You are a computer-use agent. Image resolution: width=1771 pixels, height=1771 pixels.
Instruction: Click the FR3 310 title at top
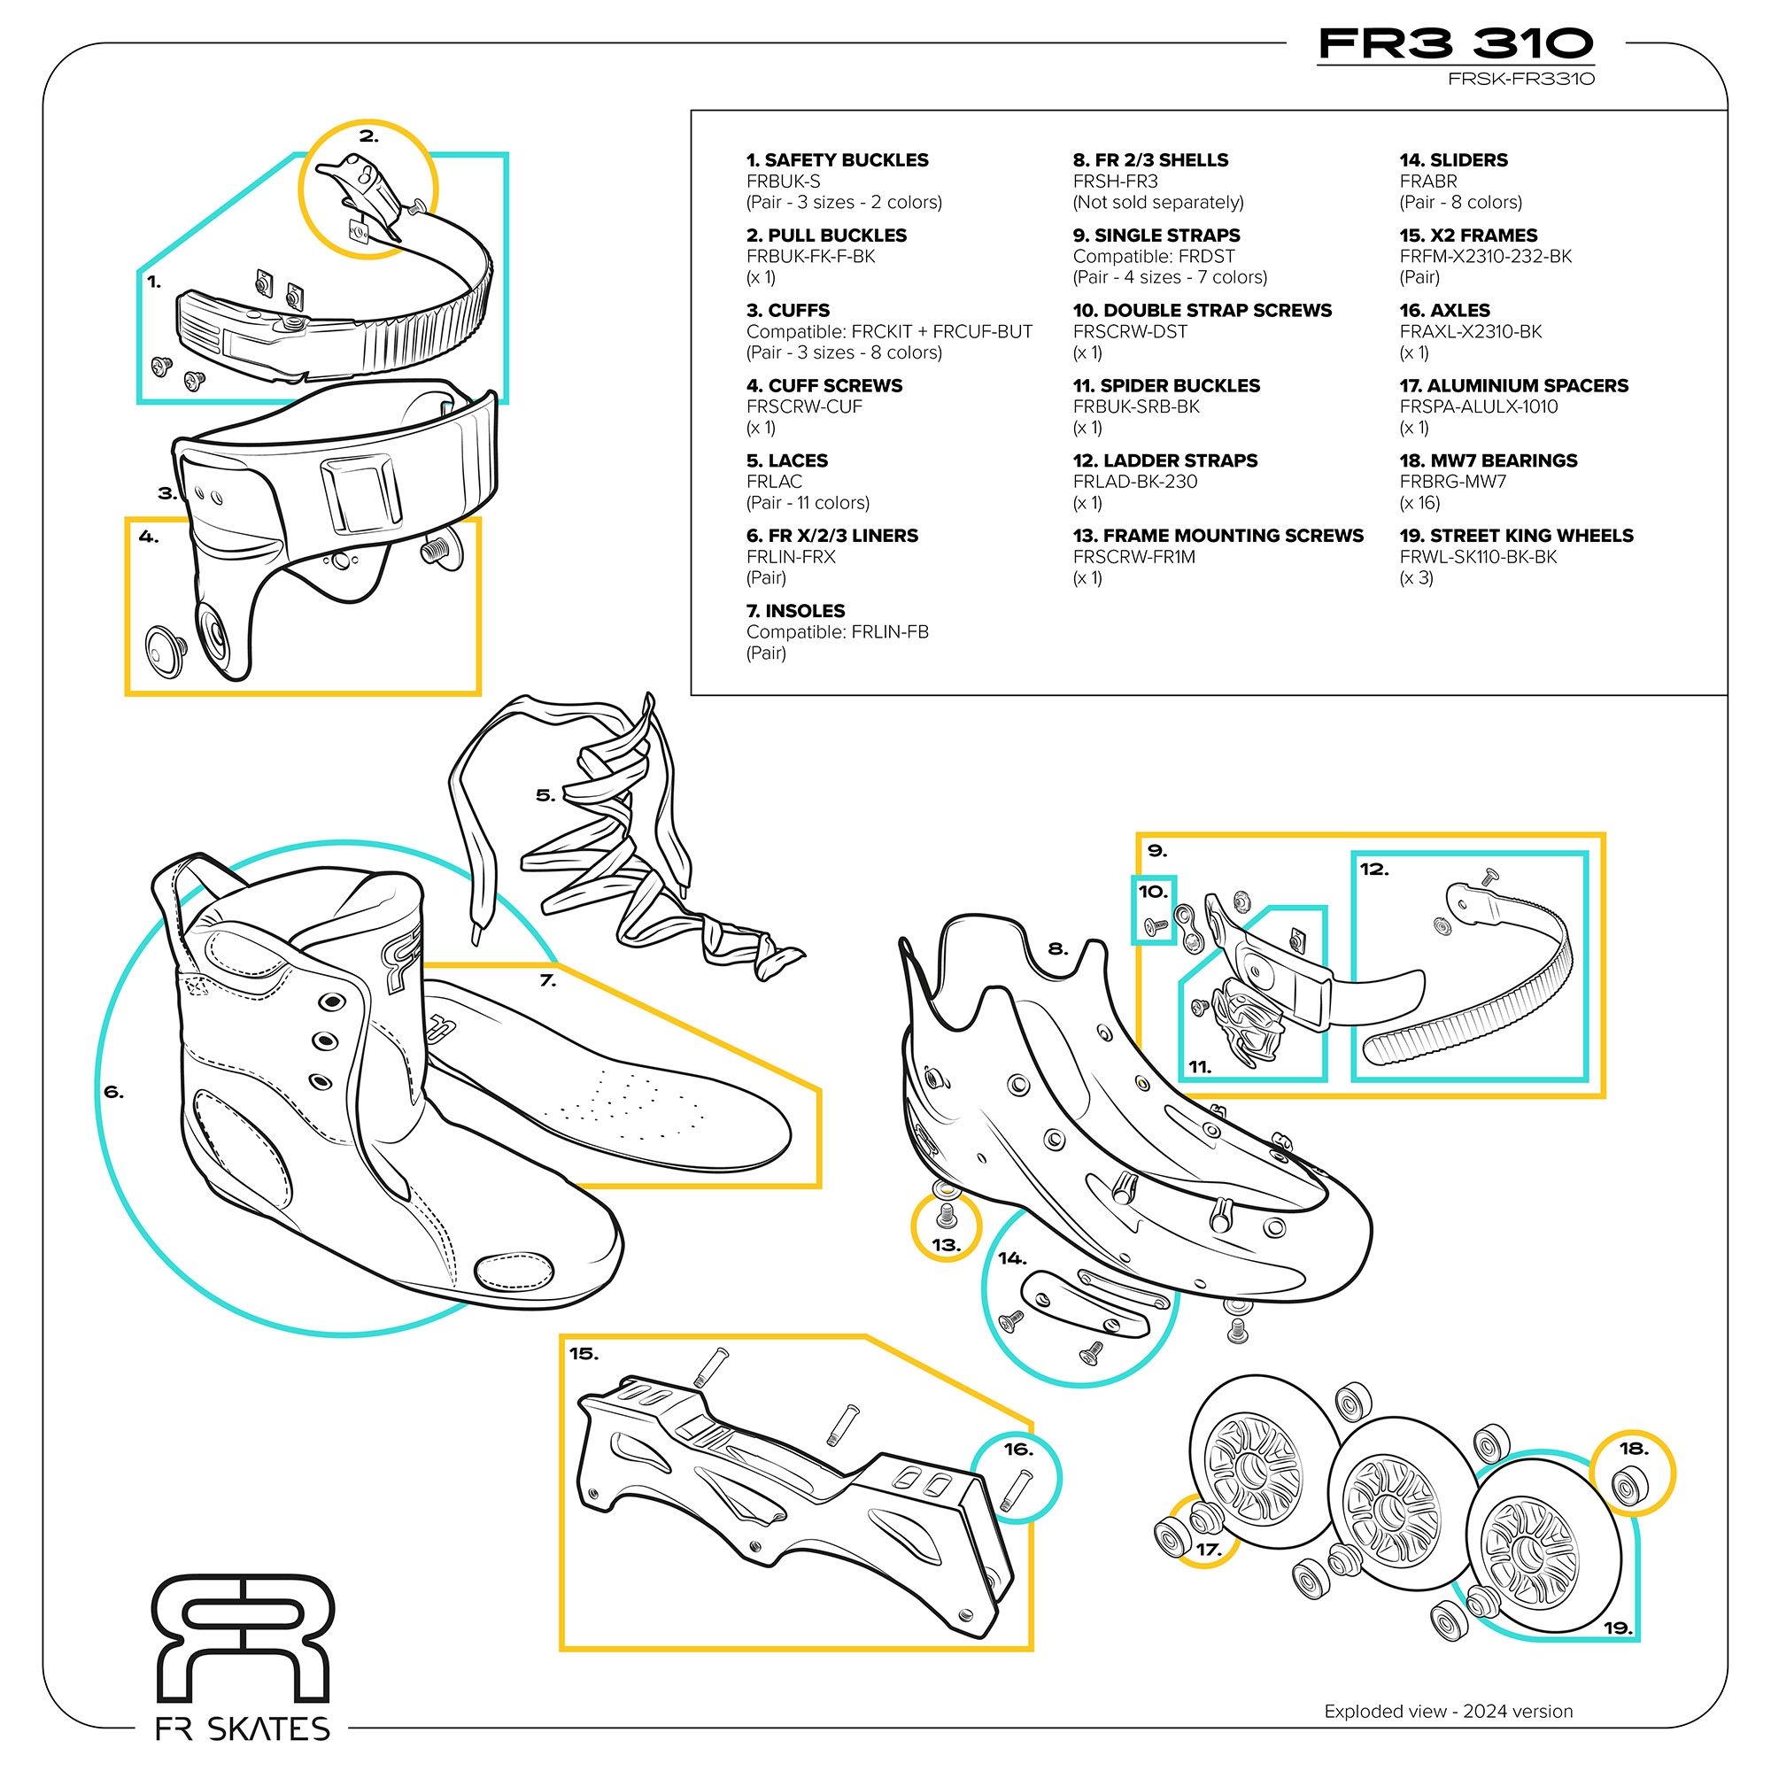tap(1455, 43)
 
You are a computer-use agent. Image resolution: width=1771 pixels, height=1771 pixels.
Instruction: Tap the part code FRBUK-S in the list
tap(783, 182)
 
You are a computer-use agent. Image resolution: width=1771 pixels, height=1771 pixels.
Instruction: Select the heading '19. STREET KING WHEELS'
tap(1516, 536)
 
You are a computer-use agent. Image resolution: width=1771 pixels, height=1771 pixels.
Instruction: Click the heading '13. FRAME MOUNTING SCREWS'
tap(1218, 536)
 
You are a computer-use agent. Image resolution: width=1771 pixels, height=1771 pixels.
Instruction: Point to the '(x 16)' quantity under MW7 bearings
tap(1419, 502)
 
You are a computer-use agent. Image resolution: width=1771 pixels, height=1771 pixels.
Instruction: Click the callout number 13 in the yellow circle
tap(945, 1245)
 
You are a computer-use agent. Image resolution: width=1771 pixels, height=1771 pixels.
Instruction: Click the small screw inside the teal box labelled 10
tap(1156, 928)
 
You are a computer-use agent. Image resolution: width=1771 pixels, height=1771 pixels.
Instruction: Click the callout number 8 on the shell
tap(1058, 948)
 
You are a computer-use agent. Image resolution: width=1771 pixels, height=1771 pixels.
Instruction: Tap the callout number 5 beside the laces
tap(545, 796)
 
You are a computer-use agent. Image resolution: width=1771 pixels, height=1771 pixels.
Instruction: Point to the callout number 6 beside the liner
tap(113, 1092)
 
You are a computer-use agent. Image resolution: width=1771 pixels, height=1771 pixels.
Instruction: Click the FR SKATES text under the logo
tap(243, 1728)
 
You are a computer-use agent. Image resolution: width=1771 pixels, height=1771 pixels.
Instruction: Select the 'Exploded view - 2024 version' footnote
tap(1448, 1711)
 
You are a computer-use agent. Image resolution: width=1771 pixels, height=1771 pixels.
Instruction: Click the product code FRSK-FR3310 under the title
tap(1520, 79)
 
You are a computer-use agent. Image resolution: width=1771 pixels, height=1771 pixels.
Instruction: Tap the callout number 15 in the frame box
tap(583, 1353)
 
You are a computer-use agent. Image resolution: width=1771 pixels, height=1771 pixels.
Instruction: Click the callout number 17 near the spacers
tap(1209, 1548)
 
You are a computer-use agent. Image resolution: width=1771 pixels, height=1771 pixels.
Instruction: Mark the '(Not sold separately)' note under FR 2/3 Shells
tap(1157, 202)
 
